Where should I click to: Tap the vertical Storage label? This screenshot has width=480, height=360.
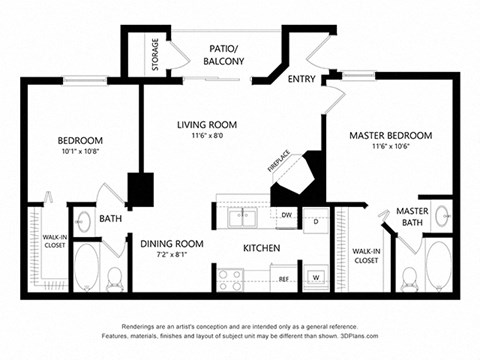point(156,54)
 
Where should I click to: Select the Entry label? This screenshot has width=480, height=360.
point(301,79)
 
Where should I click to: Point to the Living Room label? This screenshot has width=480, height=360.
point(207,124)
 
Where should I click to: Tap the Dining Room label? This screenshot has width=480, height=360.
point(172,243)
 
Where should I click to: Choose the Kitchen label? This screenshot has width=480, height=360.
point(261,247)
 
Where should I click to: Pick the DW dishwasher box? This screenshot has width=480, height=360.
point(286,215)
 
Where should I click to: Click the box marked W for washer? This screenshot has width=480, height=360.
point(316,277)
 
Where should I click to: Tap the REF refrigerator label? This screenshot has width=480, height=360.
point(284,279)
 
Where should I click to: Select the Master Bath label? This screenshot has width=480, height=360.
point(412,217)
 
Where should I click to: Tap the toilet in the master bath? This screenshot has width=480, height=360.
point(407,274)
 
